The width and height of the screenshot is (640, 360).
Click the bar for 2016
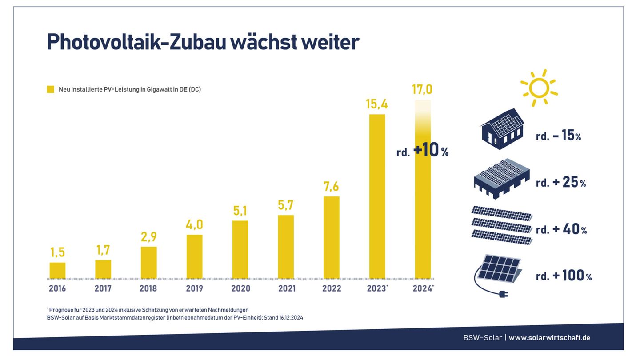pos(57,271)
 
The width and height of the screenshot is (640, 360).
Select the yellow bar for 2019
pos(194,256)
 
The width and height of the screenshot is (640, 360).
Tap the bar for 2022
pos(332,237)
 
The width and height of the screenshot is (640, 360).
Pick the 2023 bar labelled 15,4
pos(377,196)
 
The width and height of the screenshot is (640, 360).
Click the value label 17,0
pos(422,89)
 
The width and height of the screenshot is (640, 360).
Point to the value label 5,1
pos(240,211)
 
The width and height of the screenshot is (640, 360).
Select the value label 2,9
pos(149,237)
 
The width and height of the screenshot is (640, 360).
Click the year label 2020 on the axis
pos(240,288)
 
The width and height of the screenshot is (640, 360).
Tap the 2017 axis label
pos(103,288)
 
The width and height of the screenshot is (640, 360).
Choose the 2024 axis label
pos(422,288)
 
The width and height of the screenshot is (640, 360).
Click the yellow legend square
pos(50,89)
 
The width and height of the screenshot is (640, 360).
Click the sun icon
pos(539,88)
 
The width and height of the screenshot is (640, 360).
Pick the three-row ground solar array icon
pos(502,225)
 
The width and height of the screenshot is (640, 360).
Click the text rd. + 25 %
pos(561,182)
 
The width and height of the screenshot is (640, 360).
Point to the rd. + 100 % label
pos(564,276)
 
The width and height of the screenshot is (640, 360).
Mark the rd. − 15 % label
pos(558,136)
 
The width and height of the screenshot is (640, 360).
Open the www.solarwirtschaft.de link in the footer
pos(549,338)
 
